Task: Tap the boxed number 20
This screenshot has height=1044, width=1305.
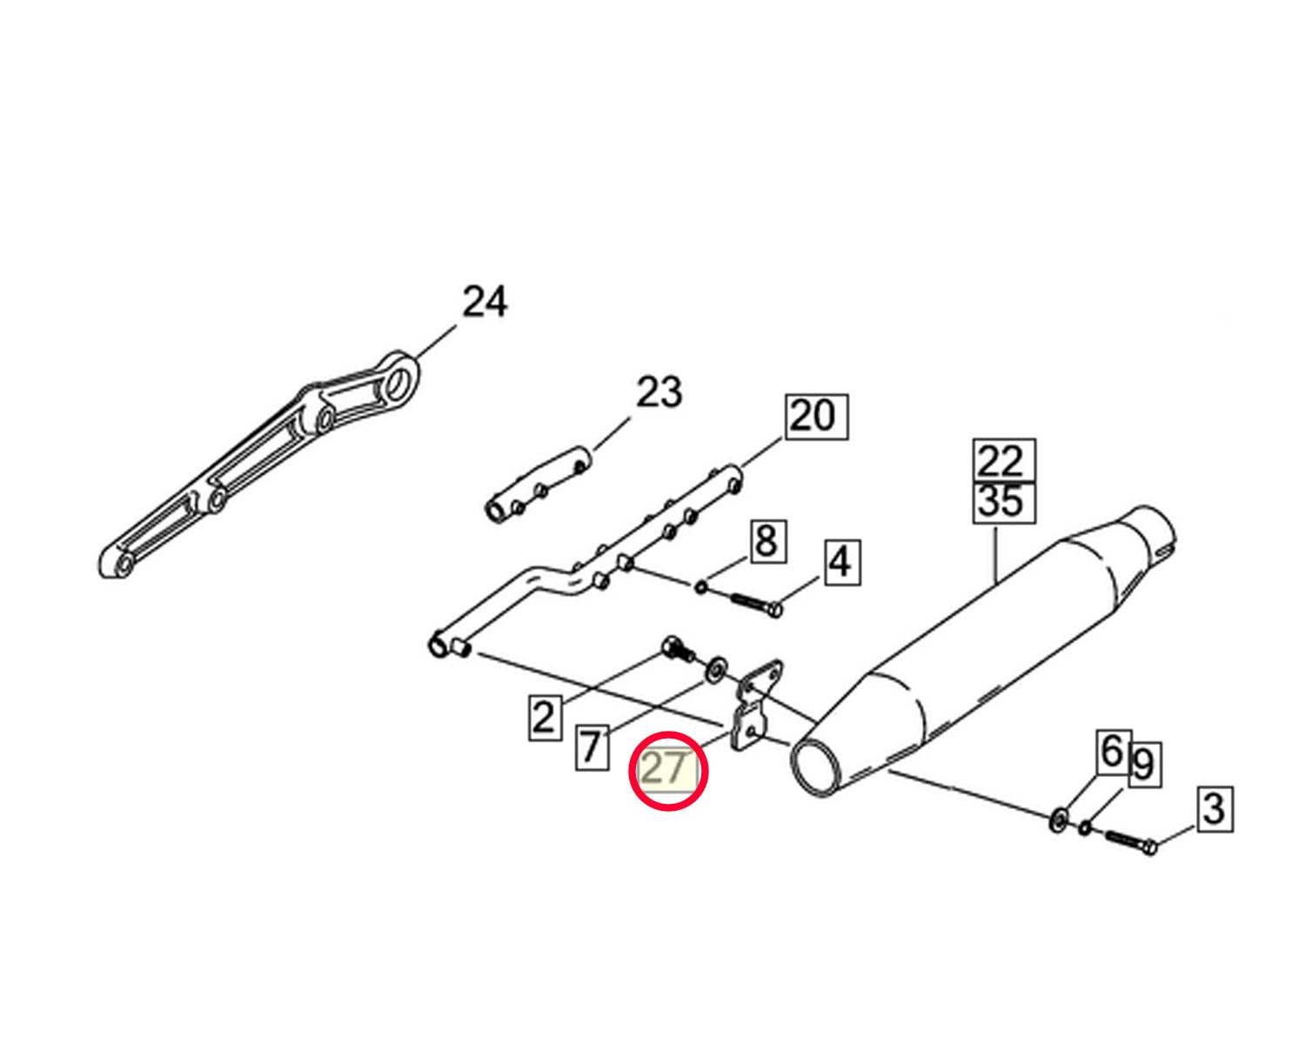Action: [816, 417]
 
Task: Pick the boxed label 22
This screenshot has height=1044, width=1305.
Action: [1004, 462]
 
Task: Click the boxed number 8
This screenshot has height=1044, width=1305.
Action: [768, 540]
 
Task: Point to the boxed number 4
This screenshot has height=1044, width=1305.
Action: [841, 563]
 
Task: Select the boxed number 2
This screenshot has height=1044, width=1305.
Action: [544, 719]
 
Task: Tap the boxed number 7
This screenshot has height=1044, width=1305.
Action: [592, 748]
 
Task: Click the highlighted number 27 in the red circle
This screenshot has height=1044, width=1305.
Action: [666, 769]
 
